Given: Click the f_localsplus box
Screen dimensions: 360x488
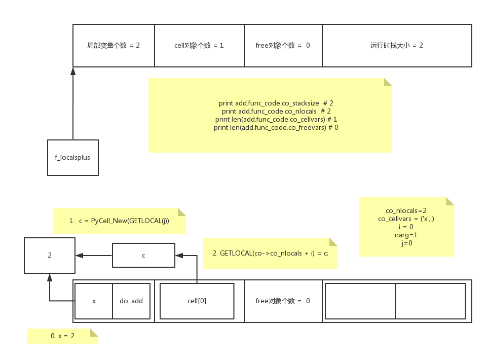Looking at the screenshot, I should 72,158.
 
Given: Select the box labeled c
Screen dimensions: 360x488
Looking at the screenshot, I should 143,255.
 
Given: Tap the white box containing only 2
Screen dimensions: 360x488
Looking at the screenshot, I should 50,255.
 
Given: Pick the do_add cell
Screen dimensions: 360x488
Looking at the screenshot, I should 131,301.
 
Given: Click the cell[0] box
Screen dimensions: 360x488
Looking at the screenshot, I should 197,301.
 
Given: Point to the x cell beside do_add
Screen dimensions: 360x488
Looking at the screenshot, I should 94,301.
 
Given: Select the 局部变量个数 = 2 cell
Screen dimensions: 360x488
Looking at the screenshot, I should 114,45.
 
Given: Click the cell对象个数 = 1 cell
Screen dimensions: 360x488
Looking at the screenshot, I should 199,45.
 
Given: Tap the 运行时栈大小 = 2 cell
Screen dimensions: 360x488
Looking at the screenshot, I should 396,45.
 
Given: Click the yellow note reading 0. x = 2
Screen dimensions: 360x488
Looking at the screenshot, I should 62,336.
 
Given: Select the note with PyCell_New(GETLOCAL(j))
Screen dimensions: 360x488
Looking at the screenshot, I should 119,221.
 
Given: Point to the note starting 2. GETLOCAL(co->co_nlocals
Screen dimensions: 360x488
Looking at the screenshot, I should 270,253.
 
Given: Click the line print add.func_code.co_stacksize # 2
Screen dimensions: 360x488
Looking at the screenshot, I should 276,103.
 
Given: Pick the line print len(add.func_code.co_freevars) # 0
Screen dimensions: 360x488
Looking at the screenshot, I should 276,127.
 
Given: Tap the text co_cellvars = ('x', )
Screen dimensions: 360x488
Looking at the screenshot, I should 406,219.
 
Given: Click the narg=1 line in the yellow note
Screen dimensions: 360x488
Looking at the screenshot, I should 406,235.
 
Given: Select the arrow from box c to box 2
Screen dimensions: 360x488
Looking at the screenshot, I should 94,255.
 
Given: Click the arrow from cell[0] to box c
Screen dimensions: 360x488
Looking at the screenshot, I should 197,269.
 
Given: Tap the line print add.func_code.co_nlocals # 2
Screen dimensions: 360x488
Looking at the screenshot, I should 276,111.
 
